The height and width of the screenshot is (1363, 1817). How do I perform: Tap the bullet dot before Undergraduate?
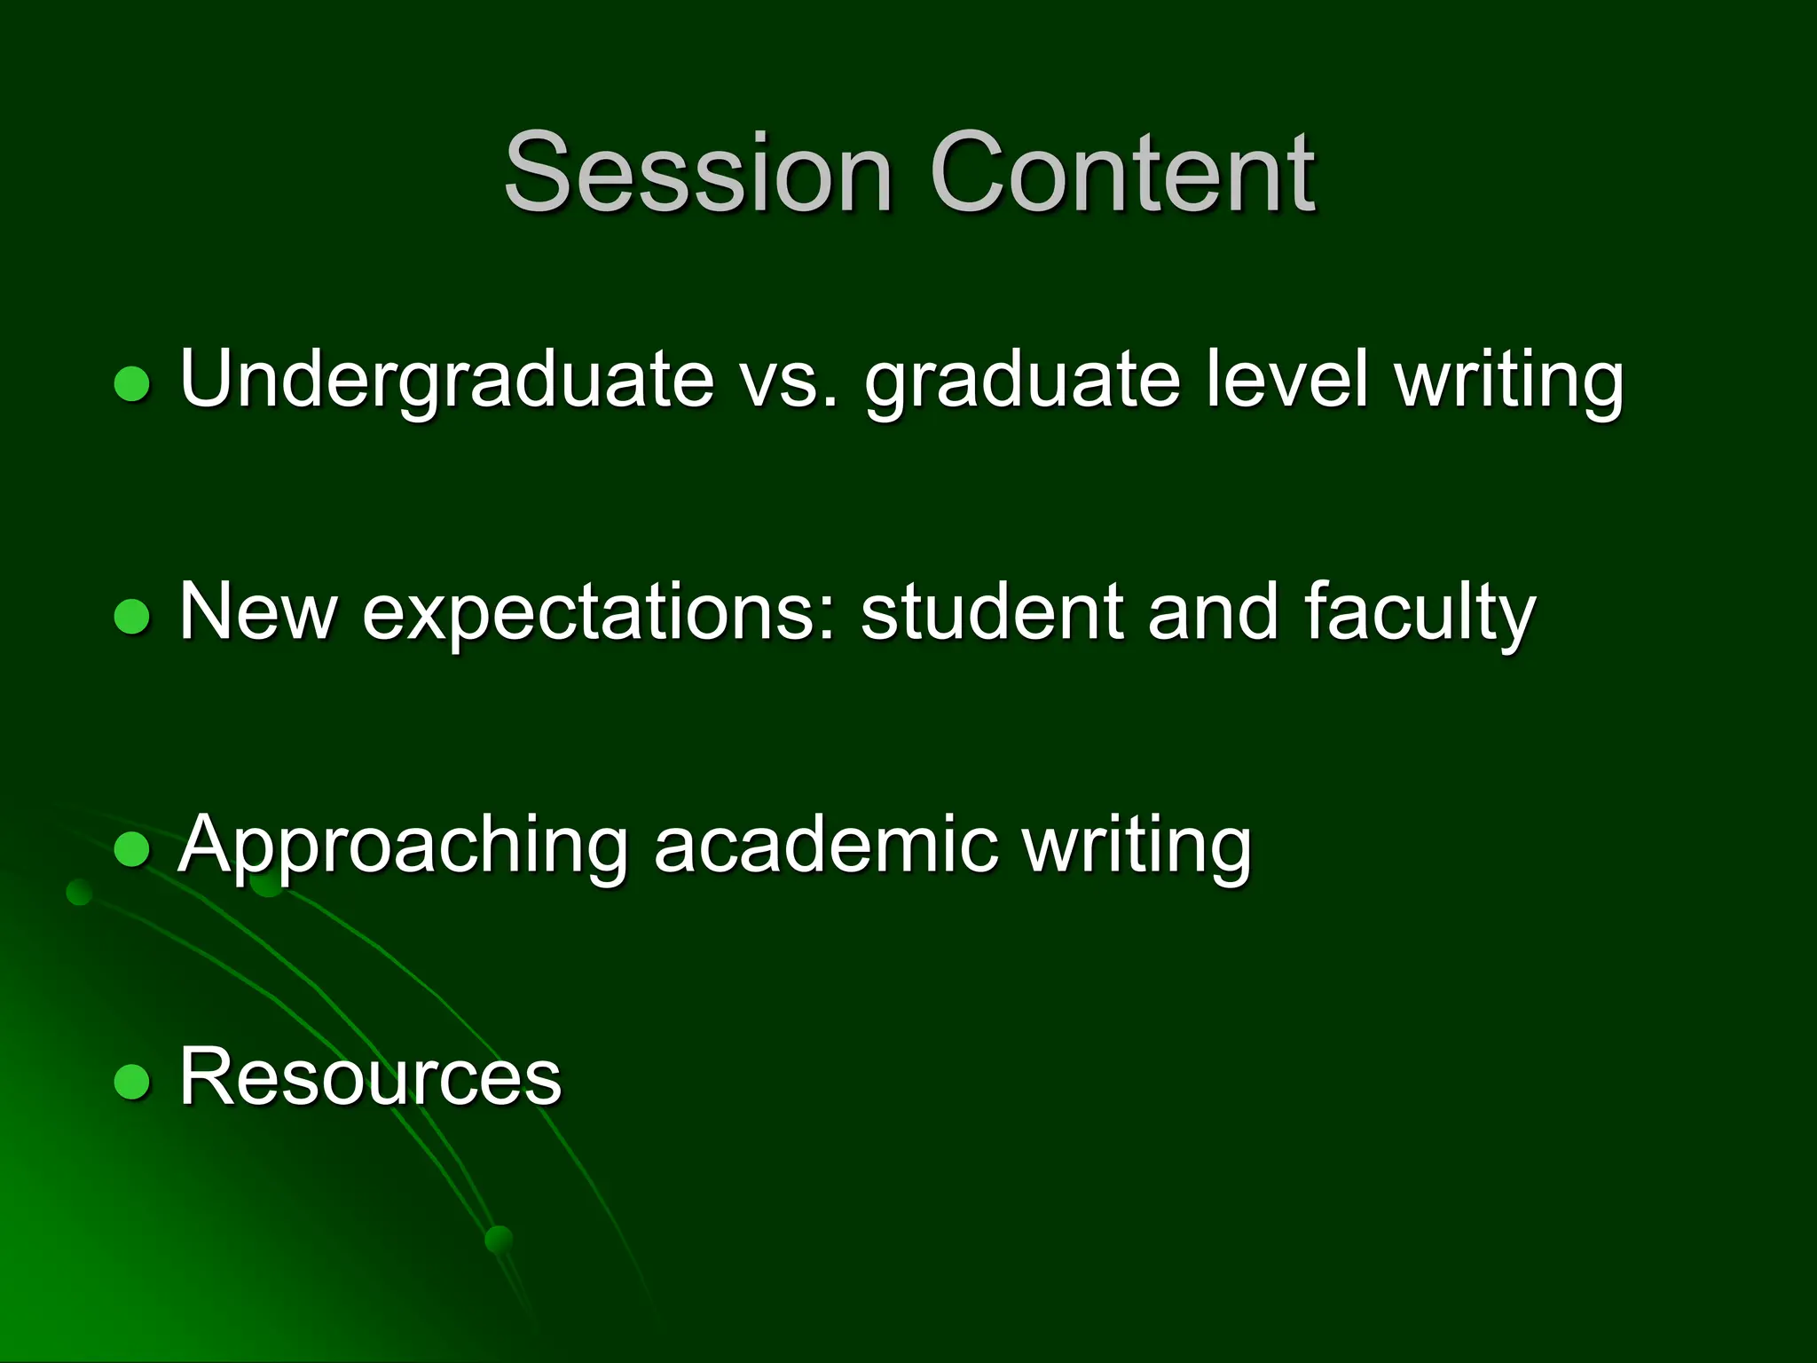(x=132, y=384)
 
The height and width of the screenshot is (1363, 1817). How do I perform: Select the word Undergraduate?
(x=446, y=380)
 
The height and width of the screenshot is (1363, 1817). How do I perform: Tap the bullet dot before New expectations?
(x=132, y=617)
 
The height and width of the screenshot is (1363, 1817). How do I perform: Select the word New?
(x=257, y=611)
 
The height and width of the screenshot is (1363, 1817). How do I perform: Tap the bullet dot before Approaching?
(x=132, y=849)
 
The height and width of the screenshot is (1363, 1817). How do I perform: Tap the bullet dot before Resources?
(x=132, y=1082)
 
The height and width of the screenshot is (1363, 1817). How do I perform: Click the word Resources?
(x=370, y=1077)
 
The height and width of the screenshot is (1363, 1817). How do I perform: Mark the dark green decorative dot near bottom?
(x=499, y=1239)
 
